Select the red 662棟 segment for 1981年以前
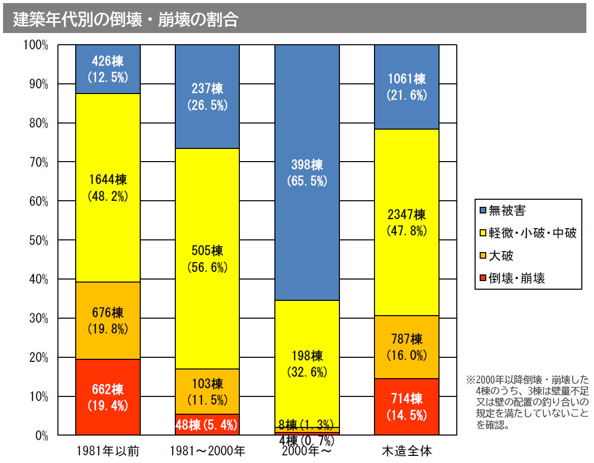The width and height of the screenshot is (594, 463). click(x=108, y=397)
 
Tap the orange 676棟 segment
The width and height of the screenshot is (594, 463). click(x=108, y=320)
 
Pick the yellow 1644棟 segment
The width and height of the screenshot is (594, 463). click(x=108, y=188)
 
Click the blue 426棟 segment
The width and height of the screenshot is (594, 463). click(x=108, y=69)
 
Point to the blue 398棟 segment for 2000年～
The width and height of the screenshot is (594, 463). click(x=307, y=172)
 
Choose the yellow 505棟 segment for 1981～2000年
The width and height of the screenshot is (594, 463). click(x=207, y=259)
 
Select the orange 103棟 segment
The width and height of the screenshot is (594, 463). click(x=207, y=391)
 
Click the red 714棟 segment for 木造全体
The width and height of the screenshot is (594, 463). click(x=407, y=407)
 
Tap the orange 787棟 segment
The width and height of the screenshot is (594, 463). click(x=407, y=347)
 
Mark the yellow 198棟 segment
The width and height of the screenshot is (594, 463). click(x=307, y=364)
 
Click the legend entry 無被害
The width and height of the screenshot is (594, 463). click(x=507, y=210)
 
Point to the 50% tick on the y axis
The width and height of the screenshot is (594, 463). click(x=36, y=240)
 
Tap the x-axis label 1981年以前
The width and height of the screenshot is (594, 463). click(x=108, y=451)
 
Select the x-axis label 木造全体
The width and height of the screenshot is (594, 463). click(x=407, y=451)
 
